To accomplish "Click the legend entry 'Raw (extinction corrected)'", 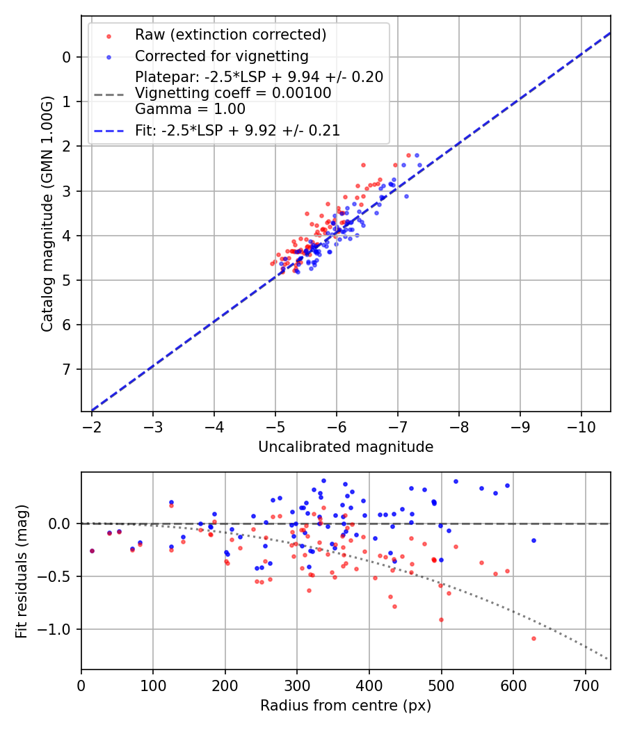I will click(x=230, y=35).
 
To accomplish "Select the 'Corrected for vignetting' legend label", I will click(x=222, y=56).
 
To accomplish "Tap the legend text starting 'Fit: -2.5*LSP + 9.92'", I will click(x=237, y=130).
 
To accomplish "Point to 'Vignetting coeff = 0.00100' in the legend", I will click(x=233, y=92).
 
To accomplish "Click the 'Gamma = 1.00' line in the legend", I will click(x=190, y=108).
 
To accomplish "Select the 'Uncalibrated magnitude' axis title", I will click(x=346, y=447).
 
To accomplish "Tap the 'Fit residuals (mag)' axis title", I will click(x=22, y=571).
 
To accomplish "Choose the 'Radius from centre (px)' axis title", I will click(x=346, y=706).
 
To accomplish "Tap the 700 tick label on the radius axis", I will click(x=585, y=685).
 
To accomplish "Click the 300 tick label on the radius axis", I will click(x=297, y=685).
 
